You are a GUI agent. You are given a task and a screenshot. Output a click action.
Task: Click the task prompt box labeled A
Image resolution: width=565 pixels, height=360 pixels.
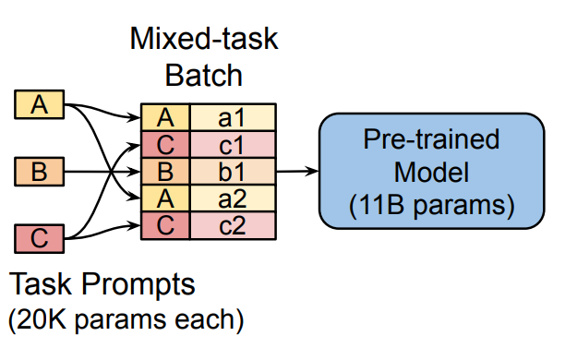tap(39, 105)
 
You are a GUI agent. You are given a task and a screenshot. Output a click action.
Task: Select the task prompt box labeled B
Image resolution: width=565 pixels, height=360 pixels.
tap(39, 171)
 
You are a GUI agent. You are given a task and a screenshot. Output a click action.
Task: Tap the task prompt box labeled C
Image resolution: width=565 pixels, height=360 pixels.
tap(39, 238)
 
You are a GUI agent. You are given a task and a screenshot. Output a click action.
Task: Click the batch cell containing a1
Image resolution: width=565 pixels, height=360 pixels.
tap(232, 117)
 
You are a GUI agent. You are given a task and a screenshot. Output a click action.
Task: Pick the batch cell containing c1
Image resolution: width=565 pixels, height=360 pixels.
tap(232, 144)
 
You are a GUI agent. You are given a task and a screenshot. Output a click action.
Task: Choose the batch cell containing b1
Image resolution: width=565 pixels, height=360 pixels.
tap(232, 171)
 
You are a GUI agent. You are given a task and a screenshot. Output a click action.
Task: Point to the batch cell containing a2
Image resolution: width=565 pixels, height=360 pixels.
tap(232, 198)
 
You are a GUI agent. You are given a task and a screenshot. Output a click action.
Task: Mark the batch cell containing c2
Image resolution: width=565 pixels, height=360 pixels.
tap(232, 224)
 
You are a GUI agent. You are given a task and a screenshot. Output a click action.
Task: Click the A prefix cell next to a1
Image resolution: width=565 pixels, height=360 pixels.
tap(165, 117)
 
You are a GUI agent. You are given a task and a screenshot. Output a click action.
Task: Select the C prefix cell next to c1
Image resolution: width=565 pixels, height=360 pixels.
tap(165, 144)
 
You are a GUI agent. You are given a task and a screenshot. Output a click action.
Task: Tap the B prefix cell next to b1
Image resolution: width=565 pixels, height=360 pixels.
tap(165, 171)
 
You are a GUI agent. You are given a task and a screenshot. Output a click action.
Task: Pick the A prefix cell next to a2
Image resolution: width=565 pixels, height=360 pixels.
tap(165, 198)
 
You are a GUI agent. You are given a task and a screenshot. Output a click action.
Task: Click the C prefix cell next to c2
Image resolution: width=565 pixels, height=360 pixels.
tap(165, 224)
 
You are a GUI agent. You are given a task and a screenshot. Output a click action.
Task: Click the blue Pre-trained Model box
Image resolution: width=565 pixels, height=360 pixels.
tap(430, 171)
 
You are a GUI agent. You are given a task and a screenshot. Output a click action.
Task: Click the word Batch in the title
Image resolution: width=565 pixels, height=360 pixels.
tap(203, 73)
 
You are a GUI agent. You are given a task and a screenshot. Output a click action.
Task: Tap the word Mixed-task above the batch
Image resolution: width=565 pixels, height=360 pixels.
tap(203, 41)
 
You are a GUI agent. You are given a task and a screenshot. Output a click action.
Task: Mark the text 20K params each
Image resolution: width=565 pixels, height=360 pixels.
tap(125, 320)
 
